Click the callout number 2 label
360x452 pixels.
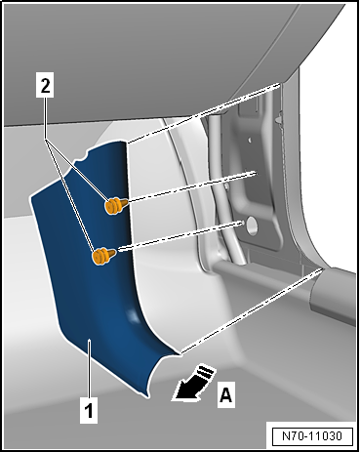tap(45, 86)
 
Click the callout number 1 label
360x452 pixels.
tap(89, 410)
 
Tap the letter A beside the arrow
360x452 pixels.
tap(226, 395)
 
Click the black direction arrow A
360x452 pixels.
tap(193, 384)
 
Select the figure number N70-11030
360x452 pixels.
tap(312, 435)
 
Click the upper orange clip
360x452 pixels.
tap(115, 205)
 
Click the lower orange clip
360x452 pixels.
tap(103, 256)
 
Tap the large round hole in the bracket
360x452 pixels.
tap(252, 226)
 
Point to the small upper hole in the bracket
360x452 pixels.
tap(250, 141)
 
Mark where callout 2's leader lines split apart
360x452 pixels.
tap(47, 141)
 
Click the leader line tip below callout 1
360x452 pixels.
tap(89, 340)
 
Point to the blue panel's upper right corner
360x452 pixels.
tap(126, 142)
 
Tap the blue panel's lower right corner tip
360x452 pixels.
tap(180, 354)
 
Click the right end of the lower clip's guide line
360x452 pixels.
tap(244, 222)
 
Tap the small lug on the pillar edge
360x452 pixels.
tap(277, 120)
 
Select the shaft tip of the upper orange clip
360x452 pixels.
tap(126, 202)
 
